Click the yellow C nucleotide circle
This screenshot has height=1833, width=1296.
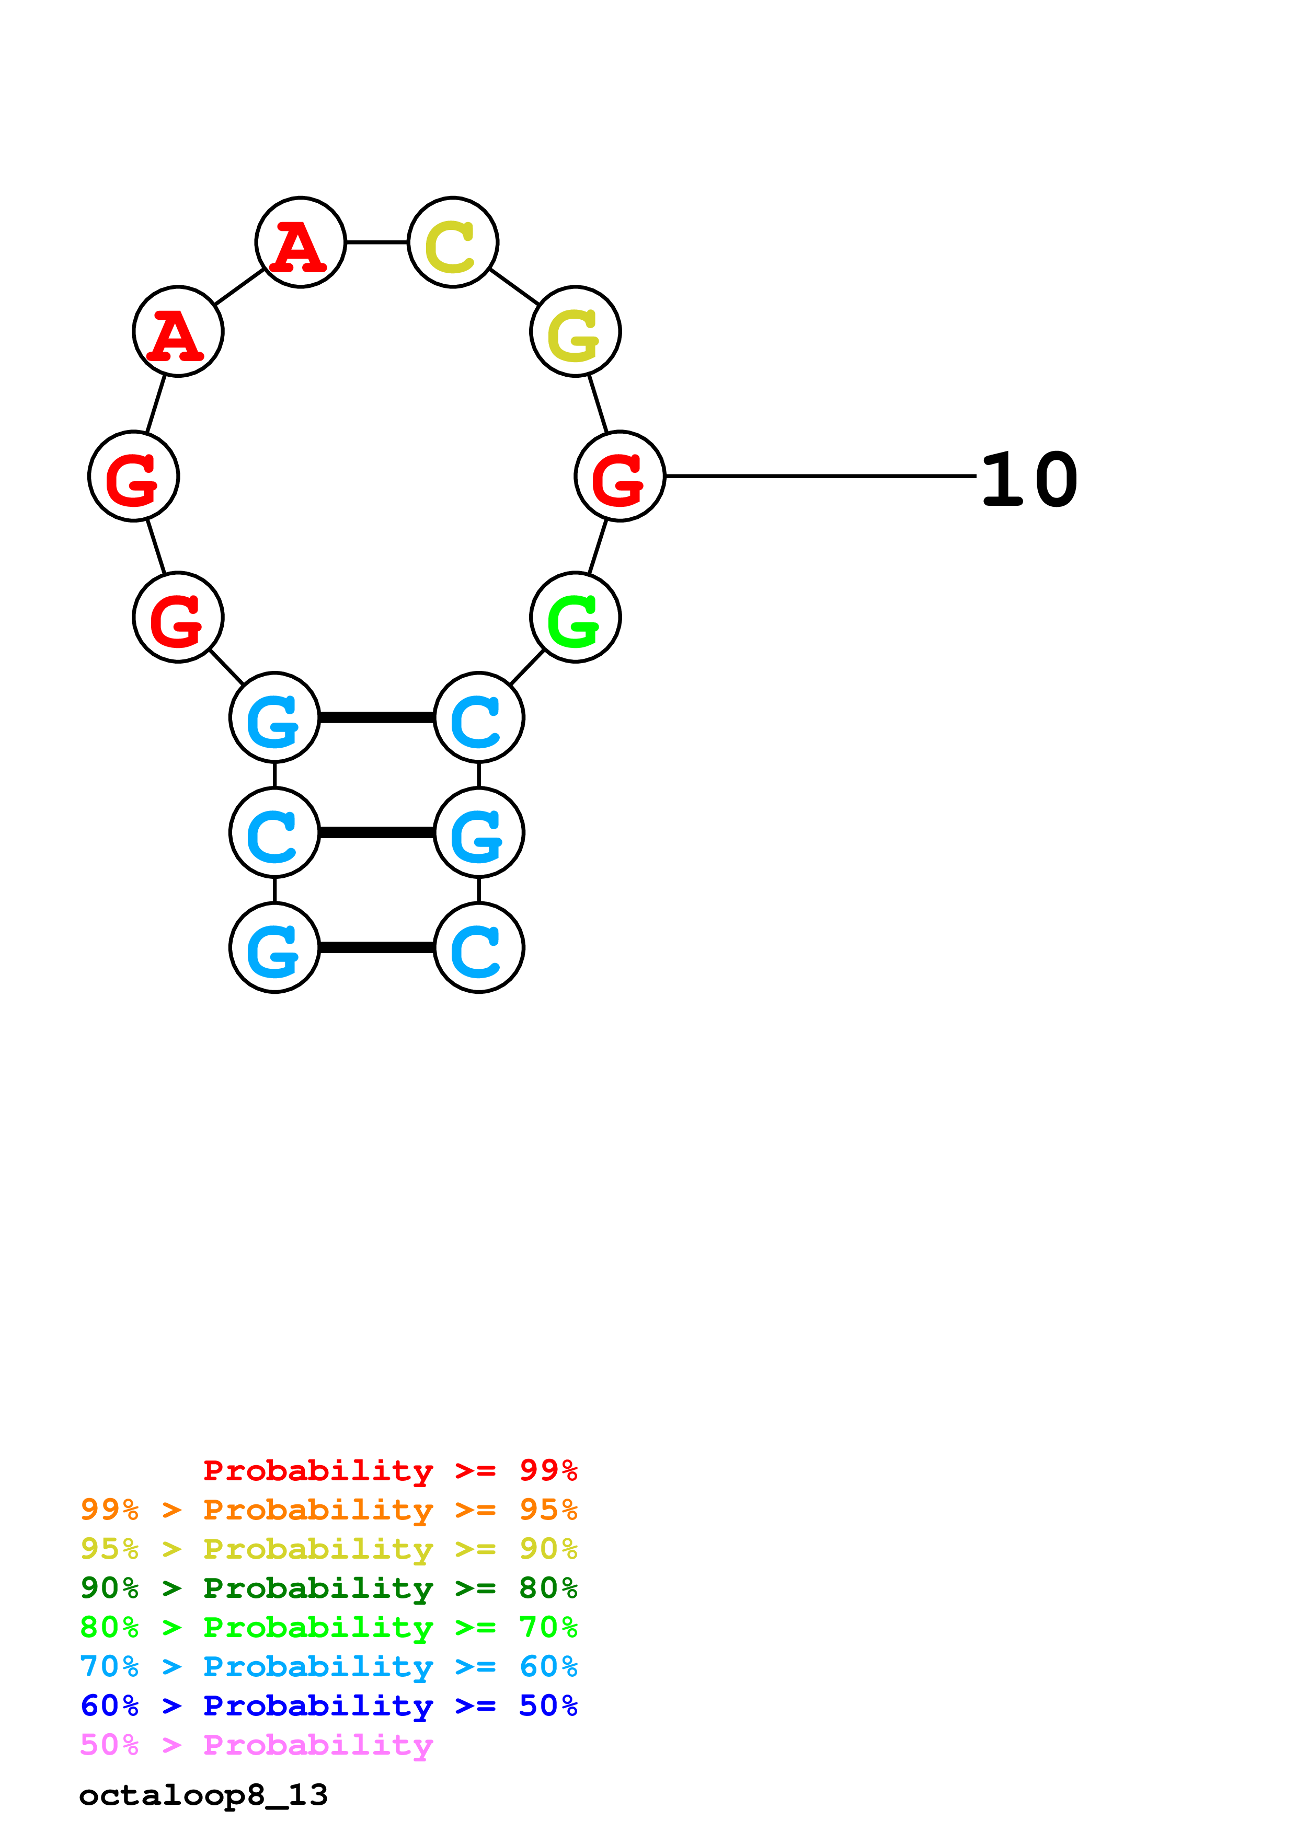click(453, 242)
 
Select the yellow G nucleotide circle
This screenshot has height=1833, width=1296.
click(575, 331)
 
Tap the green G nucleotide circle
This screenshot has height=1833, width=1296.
click(575, 617)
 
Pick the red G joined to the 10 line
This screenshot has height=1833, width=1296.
click(620, 477)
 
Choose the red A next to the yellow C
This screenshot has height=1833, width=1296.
click(300, 242)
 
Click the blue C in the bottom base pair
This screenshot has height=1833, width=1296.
click(478, 948)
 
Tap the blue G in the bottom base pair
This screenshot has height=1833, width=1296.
click(274, 948)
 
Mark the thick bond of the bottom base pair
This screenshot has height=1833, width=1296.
click(376, 948)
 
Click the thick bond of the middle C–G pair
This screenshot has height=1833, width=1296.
click(376, 833)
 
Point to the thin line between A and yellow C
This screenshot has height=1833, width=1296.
click(376, 242)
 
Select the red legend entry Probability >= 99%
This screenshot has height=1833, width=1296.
click(389, 1470)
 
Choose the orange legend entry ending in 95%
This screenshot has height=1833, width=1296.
click(328, 1510)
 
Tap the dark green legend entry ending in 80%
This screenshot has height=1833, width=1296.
click(328, 1588)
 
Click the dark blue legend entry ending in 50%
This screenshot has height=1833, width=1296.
click(328, 1706)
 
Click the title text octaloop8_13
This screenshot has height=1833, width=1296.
click(203, 1795)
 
